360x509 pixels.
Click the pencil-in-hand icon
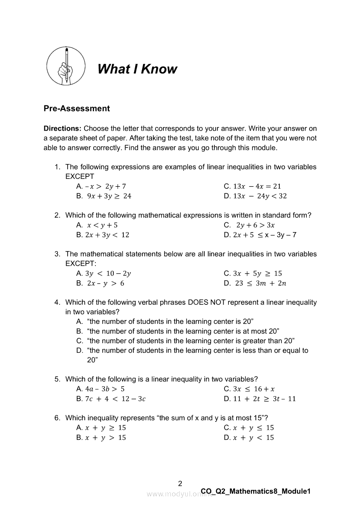66,66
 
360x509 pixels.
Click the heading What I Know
137,69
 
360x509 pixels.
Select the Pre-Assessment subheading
77,108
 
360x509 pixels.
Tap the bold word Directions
62,128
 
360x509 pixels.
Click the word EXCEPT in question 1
79,176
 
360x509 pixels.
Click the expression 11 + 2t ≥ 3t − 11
264,398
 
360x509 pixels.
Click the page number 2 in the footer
180,483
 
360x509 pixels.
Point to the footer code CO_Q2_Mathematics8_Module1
256,492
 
